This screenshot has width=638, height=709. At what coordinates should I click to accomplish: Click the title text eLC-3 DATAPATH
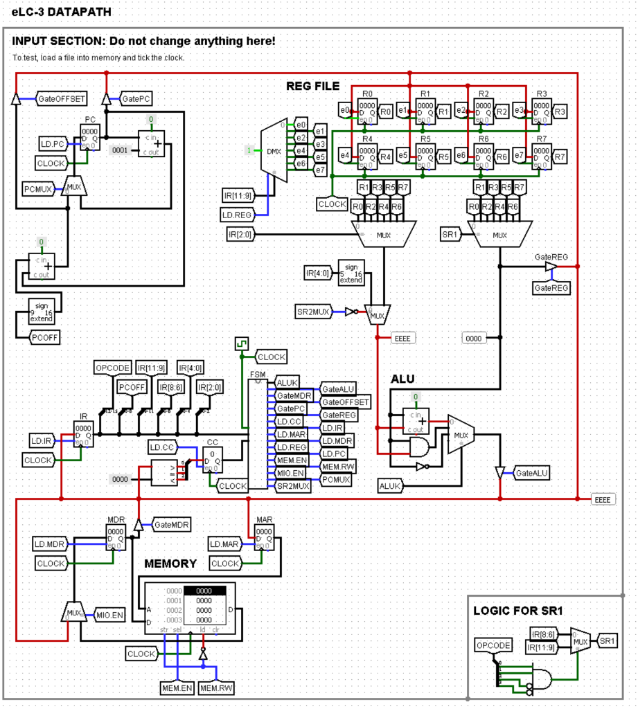pyautogui.click(x=61, y=12)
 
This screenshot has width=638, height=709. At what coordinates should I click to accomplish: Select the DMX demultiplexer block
pyautogui.click(x=271, y=150)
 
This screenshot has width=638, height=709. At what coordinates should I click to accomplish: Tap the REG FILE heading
pyautogui.click(x=313, y=86)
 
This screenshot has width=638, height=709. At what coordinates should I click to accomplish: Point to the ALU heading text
pyautogui.click(x=403, y=379)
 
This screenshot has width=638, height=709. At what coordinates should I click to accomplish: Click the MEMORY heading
pyautogui.click(x=170, y=564)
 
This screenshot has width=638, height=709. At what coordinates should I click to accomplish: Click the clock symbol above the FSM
pyautogui.click(x=241, y=344)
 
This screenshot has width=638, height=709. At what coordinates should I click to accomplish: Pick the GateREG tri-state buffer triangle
pyautogui.click(x=551, y=267)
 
